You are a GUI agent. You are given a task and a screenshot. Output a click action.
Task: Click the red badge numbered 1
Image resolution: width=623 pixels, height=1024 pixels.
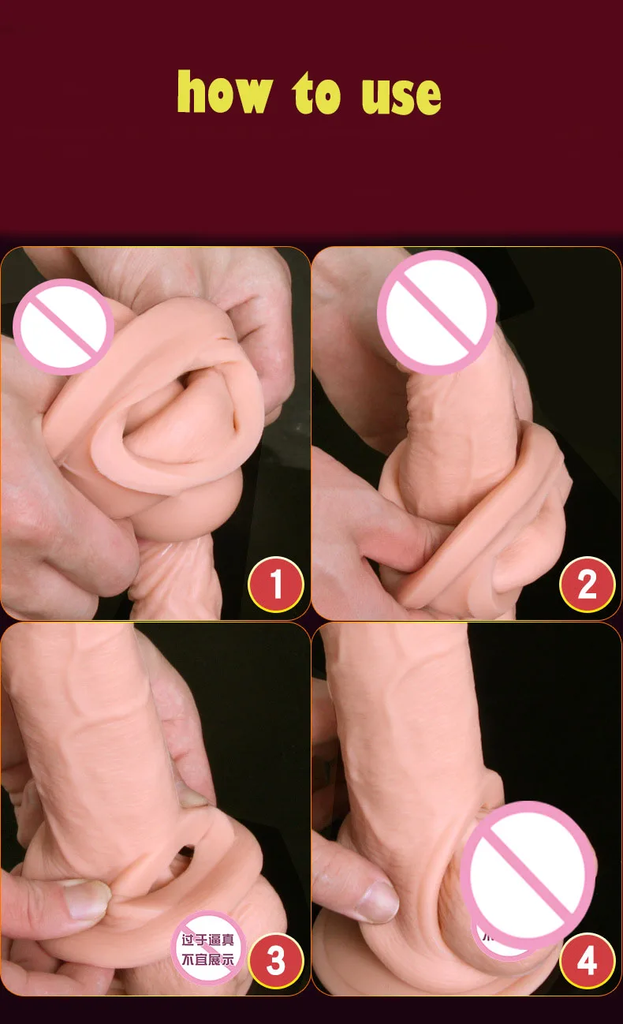click(x=276, y=585)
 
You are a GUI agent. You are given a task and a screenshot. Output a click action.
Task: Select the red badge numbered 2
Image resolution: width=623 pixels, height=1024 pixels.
click(x=587, y=585)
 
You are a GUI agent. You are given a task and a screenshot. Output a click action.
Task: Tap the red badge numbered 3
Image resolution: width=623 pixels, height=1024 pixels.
click(x=276, y=961)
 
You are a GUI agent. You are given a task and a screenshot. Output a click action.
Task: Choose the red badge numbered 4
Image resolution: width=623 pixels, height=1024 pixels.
click(x=587, y=961)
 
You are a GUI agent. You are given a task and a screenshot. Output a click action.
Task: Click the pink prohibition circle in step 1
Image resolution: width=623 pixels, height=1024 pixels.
click(x=64, y=326)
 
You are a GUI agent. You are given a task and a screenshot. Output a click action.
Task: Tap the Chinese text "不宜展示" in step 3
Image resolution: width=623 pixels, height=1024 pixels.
click(x=208, y=959)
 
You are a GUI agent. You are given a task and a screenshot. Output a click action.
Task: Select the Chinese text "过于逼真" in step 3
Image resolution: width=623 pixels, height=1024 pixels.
click(x=208, y=940)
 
